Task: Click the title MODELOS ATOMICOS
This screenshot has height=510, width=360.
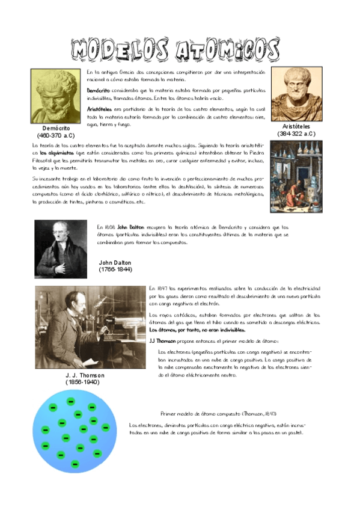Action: (x=174, y=51)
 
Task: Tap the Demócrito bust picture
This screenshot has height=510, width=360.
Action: (x=55, y=96)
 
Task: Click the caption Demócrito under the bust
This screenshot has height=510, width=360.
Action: (x=56, y=129)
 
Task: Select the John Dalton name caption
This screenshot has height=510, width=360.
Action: (x=115, y=263)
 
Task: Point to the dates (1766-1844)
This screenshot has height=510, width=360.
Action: (x=115, y=270)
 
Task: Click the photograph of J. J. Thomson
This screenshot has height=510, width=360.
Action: (x=90, y=327)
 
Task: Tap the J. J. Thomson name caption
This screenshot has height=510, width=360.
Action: (x=85, y=375)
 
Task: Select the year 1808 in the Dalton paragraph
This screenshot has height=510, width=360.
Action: (x=110, y=227)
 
